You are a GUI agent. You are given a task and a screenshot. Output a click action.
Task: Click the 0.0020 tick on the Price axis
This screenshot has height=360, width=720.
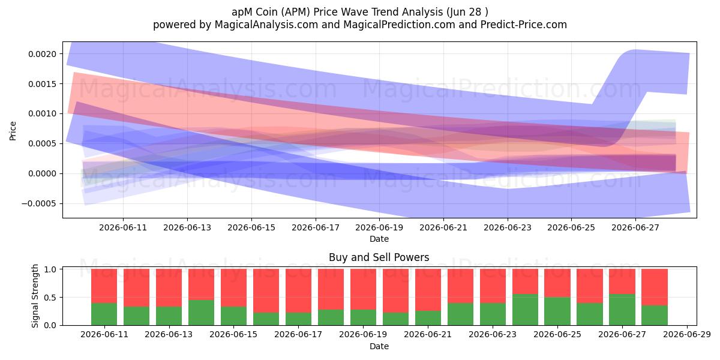click(42, 54)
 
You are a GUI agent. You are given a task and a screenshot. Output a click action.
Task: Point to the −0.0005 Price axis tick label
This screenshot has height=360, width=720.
click(39, 203)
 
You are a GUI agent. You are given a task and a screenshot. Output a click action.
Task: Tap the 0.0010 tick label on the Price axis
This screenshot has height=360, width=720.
click(42, 114)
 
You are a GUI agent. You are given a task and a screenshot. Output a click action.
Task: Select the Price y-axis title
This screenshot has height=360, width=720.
click(13, 131)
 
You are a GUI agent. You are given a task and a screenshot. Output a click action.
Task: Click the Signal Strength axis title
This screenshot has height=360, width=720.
click(35, 296)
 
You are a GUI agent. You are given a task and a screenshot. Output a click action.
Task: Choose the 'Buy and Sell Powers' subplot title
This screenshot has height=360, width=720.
click(379, 257)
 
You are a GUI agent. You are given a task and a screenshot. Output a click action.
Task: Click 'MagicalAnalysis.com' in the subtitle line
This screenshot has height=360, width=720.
click(266, 25)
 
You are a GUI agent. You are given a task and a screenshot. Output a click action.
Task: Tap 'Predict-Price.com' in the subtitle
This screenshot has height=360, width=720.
click(524, 25)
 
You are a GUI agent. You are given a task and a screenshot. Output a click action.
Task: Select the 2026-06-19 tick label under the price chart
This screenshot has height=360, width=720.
click(379, 227)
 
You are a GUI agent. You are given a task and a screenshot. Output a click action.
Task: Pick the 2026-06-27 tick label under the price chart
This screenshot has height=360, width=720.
click(635, 227)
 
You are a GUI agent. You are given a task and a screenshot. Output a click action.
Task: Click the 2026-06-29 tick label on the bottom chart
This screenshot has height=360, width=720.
click(687, 335)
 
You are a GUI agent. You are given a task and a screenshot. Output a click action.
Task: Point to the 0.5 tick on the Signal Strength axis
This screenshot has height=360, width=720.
click(50, 298)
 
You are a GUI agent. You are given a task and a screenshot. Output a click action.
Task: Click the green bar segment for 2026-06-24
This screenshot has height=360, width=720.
click(525, 310)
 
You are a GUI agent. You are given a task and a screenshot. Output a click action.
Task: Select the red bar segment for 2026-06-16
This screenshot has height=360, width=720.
click(266, 291)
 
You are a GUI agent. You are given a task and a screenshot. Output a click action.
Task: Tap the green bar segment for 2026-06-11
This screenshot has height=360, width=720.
click(104, 314)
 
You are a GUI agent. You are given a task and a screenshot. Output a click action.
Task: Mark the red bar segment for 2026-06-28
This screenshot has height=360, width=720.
click(655, 287)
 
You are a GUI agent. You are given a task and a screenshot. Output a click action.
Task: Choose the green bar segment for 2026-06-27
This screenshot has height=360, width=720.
click(622, 310)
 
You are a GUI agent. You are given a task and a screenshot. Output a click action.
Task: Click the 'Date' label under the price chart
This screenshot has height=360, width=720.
click(379, 239)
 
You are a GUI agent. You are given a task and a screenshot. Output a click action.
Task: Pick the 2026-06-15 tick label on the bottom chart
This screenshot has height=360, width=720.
click(233, 335)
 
